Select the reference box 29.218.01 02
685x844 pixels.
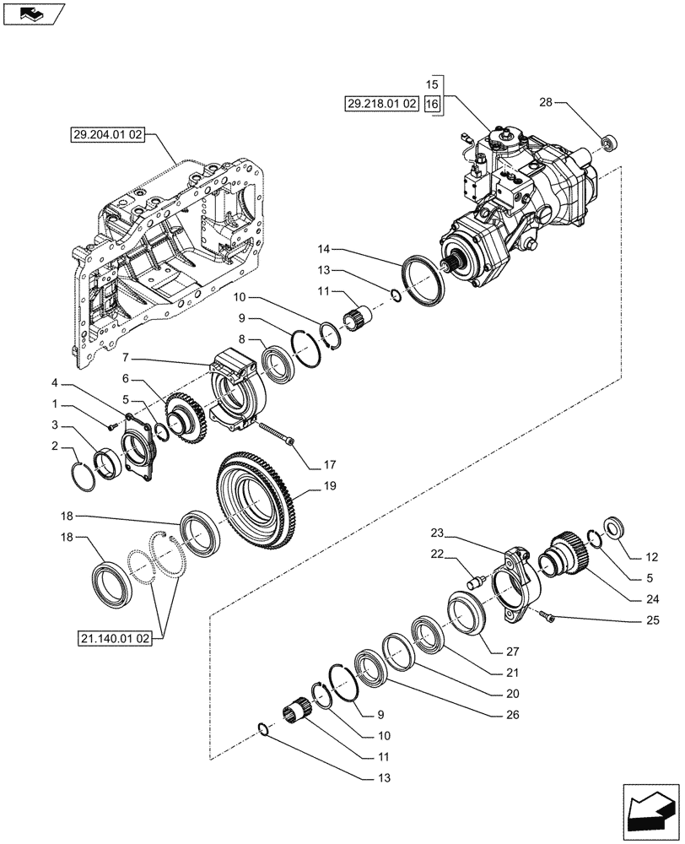tap(381, 105)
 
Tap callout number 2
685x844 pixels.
tap(56, 445)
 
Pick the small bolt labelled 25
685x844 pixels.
tap(550, 620)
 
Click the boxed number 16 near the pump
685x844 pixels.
tap(432, 105)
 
